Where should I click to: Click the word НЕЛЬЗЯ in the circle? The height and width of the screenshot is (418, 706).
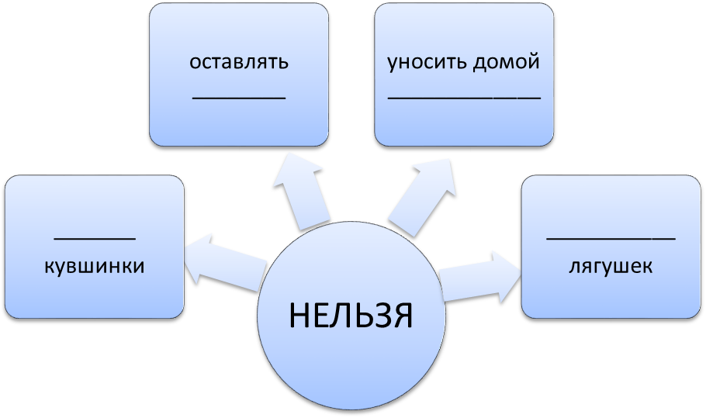(x=351, y=315)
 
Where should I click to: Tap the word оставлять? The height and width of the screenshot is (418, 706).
(x=239, y=62)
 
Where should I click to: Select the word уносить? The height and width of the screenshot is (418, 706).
(x=426, y=63)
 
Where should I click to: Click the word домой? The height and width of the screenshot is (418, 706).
(x=506, y=61)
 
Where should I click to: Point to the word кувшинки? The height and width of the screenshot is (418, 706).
(x=95, y=266)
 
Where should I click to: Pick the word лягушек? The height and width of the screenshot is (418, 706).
(x=611, y=266)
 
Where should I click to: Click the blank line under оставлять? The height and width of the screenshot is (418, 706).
(x=239, y=97)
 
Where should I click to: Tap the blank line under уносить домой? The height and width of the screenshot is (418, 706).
(x=464, y=97)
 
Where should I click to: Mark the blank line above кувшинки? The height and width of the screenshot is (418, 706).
(x=95, y=239)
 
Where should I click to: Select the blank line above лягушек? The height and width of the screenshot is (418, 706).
(x=611, y=238)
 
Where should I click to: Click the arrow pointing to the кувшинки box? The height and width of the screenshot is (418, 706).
(x=224, y=262)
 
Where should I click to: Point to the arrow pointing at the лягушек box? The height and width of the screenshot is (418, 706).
(x=480, y=277)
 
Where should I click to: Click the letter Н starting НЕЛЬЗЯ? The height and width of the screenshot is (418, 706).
(x=299, y=315)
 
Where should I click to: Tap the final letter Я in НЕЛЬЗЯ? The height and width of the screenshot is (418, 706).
(x=402, y=315)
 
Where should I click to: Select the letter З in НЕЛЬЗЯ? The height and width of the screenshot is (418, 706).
(x=379, y=315)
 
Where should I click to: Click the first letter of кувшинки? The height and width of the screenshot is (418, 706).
(x=50, y=266)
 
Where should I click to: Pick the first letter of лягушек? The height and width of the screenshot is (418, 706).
(x=575, y=267)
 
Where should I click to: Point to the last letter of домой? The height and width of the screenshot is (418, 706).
(x=534, y=61)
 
